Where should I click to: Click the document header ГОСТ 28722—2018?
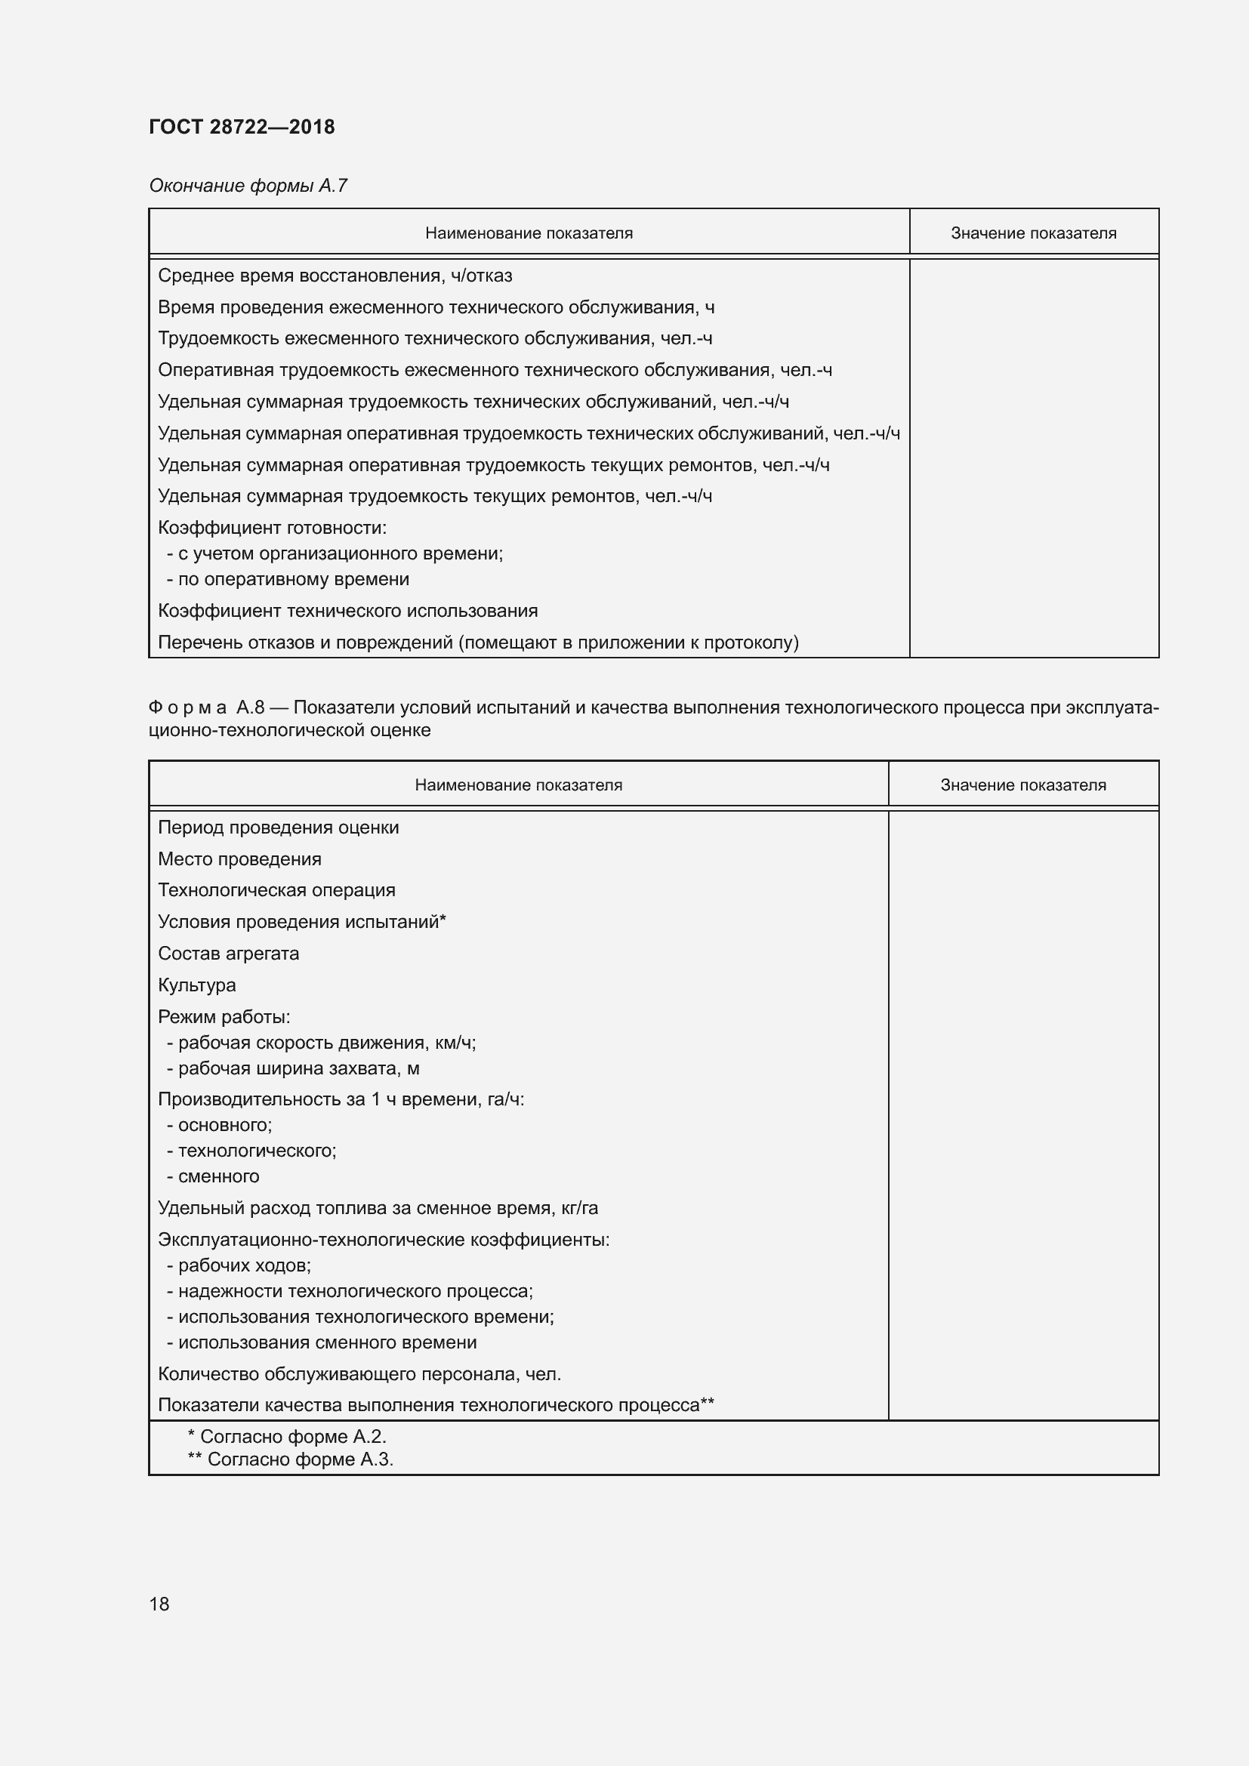(x=242, y=127)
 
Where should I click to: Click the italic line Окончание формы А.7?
(x=248, y=186)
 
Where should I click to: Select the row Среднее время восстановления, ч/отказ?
(x=335, y=276)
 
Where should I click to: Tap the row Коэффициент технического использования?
(x=347, y=611)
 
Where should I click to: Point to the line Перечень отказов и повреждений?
(x=477, y=643)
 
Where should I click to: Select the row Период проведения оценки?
(x=279, y=828)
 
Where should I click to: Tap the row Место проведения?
(x=239, y=859)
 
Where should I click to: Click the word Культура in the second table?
(x=197, y=985)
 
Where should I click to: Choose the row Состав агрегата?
(x=228, y=954)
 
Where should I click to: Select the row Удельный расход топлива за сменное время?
(x=378, y=1208)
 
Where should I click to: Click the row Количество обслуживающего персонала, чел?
(x=359, y=1373)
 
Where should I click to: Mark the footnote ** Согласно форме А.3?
(x=291, y=1459)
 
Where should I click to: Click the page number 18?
(x=159, y=1604)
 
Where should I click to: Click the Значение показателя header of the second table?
(x=1023, y=785)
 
